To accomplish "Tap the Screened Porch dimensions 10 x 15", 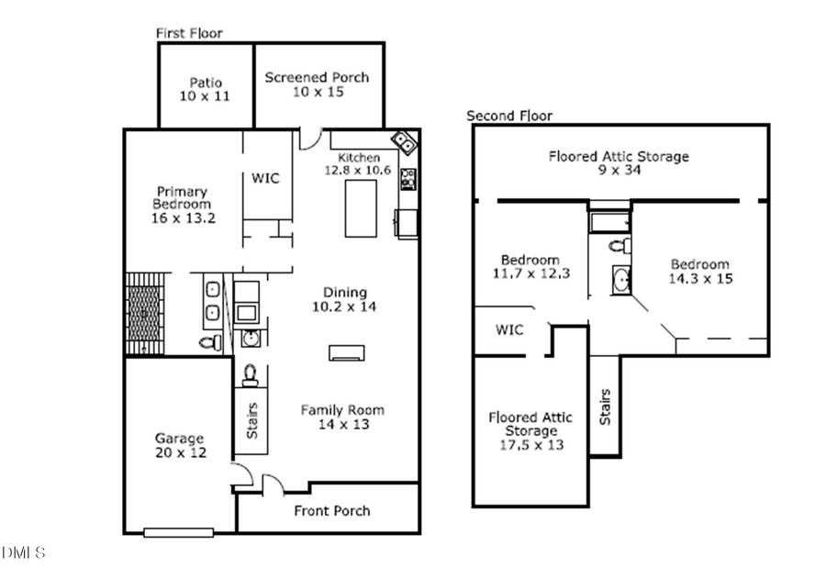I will point(317,93).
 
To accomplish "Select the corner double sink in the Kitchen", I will point(405,144).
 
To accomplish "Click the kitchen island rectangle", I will point(359,207).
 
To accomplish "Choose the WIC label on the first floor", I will point(265,178).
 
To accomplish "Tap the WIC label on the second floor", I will point(509,328).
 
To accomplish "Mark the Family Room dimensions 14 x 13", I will point(342,424).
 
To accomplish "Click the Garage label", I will point(179,439).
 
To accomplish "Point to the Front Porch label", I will point(332,510).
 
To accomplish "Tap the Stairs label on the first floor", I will point(251,421).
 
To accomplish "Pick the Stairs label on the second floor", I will point(605,406).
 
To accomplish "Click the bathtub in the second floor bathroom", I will point(610,221).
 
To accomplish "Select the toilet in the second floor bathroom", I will point(620,245).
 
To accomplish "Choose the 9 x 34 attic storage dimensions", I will point(619,170).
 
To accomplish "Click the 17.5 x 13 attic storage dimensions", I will point(530,445).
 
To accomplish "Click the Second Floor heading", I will point(509,116).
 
